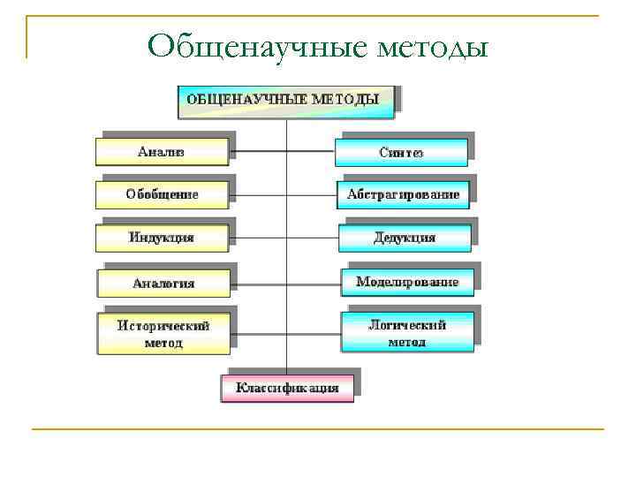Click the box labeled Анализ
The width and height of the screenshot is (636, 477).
click(x=162, y=152)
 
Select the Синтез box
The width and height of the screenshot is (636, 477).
click(x=401, y=153)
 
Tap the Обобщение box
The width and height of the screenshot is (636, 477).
click(x=162, y=194)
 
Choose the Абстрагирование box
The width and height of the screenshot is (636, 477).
click(x=403, y=194)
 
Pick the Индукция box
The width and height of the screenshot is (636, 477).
click(x=162, y=238)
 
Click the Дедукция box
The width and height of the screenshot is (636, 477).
click(x=405, y=238)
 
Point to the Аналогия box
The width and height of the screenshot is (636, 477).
click(x=163, y=284)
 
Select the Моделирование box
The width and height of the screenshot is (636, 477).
click(x=407, y=283)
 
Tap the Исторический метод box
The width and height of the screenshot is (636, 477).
click(x=163, y=334)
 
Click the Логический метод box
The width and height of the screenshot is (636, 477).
click(x=407, y=333)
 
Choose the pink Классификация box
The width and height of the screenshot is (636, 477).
click(x=287, y=389)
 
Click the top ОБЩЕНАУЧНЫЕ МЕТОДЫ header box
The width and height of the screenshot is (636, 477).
click(x=286, y=100)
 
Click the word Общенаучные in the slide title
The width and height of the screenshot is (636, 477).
click(x=255, y=45)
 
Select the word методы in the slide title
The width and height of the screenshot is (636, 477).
click(x=433, y=45)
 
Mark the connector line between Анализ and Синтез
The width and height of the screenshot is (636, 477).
click(x=283, y=152)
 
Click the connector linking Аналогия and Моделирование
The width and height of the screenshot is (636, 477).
click(x=285, y=284)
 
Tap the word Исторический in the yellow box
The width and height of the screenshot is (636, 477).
click(x=163, y=325)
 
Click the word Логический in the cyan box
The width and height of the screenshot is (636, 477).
click(x=407, y=324)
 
